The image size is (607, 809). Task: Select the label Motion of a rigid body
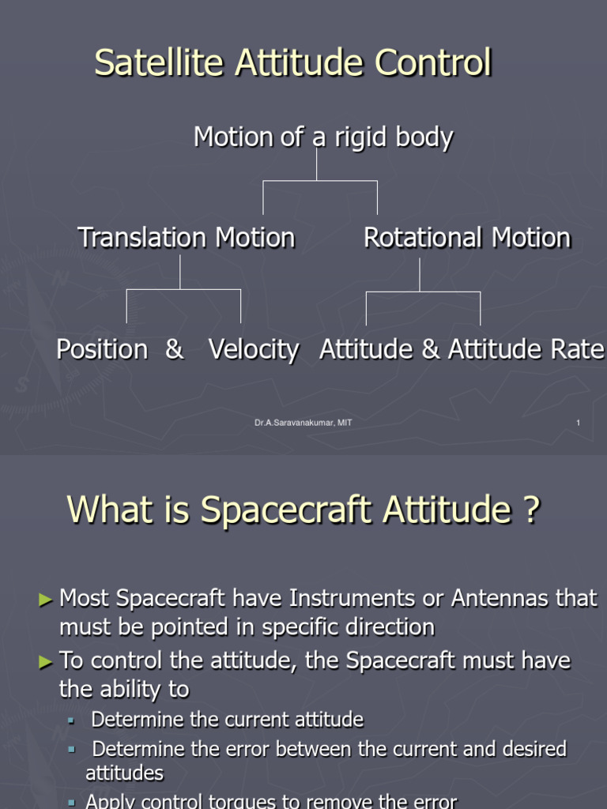(323, 137)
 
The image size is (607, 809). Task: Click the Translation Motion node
(187, 237)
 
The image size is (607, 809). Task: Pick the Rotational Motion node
(466, 237)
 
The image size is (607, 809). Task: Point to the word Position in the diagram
(102, 349)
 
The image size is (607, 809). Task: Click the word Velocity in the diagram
(254, 349)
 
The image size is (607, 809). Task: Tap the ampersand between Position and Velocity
(174, 349)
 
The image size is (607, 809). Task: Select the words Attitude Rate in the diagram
(526, 349)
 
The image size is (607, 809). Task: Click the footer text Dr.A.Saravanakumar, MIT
(303, 423)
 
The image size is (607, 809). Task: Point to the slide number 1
(578, 423)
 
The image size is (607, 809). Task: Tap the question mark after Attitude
(530, 510)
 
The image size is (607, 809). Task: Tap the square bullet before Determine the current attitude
(70, 721)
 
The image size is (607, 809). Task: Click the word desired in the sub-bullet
(532, 748)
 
